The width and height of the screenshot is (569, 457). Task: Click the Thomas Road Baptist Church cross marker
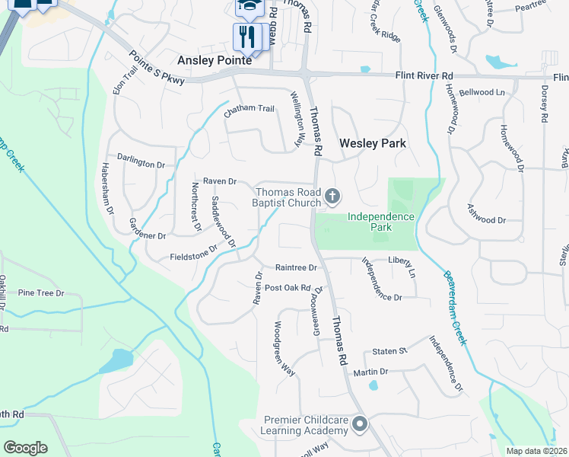coord(332,197)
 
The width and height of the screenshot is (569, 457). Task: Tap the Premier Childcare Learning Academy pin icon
coord(359,423)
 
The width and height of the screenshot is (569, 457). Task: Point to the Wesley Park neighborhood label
coord(373,143)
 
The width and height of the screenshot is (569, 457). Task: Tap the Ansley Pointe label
coord(213,60)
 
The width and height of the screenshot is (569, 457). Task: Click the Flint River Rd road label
coord(424,76)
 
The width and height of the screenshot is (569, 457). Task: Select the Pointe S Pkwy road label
coord(157,69)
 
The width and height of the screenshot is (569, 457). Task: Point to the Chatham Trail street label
coord(249,109)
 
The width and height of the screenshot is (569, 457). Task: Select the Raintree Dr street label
coord(296,267)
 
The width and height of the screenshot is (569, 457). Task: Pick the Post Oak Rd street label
coord(288,288)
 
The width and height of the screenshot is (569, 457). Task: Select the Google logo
coord(26,447)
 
